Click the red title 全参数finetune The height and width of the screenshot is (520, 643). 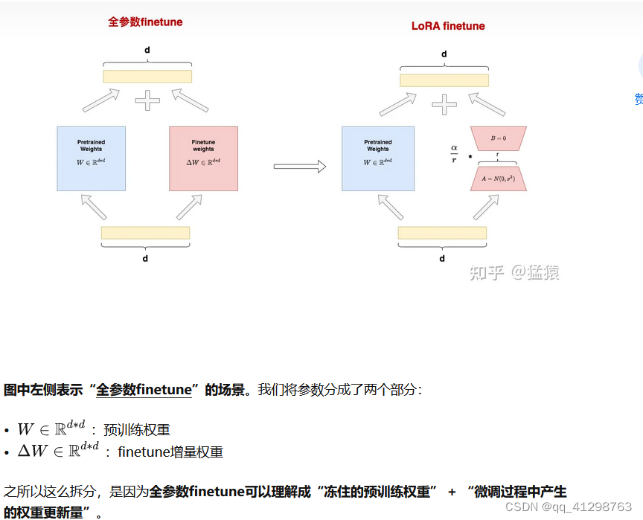click(x=145, y=22)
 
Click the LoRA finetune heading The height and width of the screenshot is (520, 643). click(x=448, y=26)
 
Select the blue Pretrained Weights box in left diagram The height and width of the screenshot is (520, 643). click(x=91, y=159)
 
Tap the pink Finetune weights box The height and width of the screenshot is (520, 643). click(x=203, y=159)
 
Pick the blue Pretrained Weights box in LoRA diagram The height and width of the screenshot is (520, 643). click(x=377, y=159)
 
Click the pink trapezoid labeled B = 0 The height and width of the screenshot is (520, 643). click(x=498, y=139)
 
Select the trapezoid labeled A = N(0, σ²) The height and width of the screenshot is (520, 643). click(x=498, y=179)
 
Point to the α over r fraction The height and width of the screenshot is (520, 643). click(x=453, y=153)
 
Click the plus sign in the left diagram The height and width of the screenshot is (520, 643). click(x=147, y=100)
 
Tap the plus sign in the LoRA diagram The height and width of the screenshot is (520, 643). click(x=444, y=104)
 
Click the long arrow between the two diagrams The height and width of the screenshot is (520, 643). click(x=299, y=167)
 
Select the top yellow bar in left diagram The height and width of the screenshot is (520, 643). click(x=147, y=76)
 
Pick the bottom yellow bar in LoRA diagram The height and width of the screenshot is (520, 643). click(x=442, y=233)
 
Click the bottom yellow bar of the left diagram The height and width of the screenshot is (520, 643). click(x=145, y=233)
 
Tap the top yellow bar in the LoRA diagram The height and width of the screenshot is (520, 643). click(x=444, y=80)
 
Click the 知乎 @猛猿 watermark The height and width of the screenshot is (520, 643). click(x=514, y=272)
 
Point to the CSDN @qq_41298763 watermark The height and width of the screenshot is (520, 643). click(x=568, y=507)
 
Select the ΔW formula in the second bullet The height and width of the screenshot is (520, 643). click(x=58, y=451)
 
